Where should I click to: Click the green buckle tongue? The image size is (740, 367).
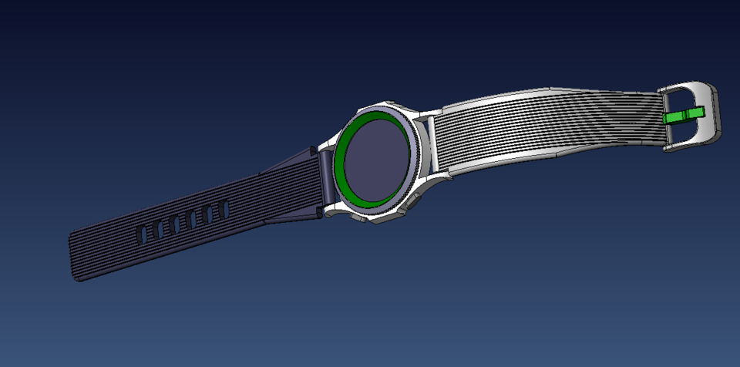click(x=683, y=116)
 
